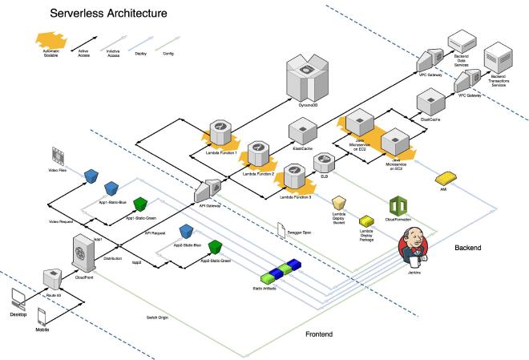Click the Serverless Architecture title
point(108,14)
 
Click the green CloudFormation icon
point(398,204)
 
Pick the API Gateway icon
point(208,188)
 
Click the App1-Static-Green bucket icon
point(140,203)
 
